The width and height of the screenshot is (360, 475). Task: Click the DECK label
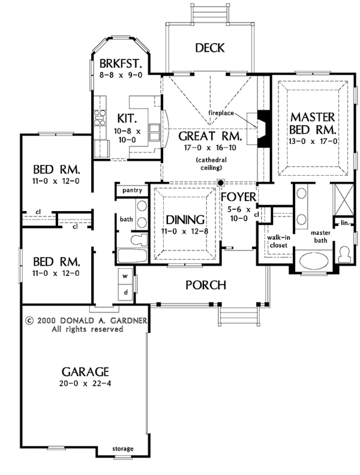point(209,49)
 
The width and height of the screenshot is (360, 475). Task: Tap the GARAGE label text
point(83,370)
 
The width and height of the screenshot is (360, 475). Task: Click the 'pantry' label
point(131,190)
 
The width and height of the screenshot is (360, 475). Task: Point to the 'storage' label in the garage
point(123,449)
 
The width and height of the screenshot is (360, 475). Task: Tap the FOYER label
point(239,197)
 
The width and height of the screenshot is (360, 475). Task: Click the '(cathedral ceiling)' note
point(210,163)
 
